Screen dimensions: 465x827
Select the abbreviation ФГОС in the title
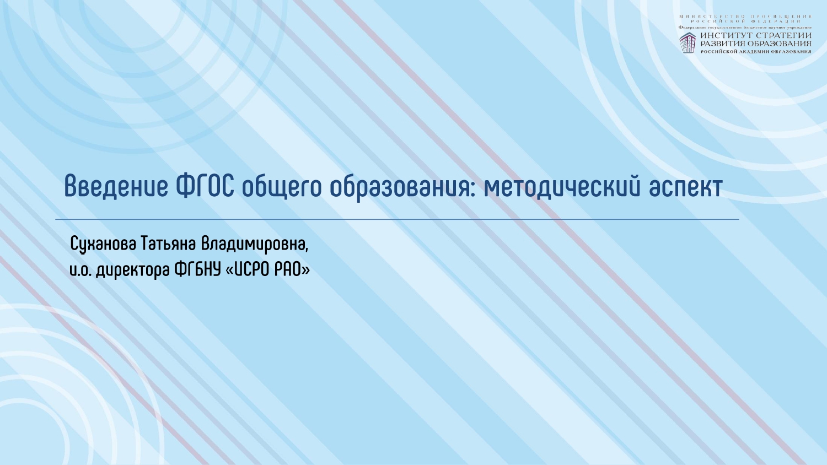coord(205,186)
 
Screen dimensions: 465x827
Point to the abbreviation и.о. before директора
coord(80,271)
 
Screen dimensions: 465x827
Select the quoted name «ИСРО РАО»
coord(268,271)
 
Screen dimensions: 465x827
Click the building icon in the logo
coord(687,43)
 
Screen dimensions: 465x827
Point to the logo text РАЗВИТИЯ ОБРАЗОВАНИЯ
coord(756,44)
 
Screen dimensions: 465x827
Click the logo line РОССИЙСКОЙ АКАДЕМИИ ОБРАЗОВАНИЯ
coord(756,51)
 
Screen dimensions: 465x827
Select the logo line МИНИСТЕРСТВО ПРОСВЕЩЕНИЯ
coord(745,17)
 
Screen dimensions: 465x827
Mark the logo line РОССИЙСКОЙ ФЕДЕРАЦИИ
coord(745,21)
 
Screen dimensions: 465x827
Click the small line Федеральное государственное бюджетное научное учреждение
coord(745,27)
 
